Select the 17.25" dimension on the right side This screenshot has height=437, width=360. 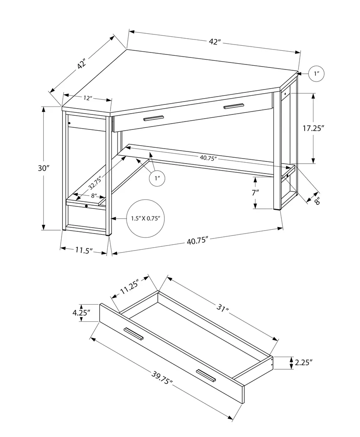click(x=313, y=128)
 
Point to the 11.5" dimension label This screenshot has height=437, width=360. click(x=84, y=250)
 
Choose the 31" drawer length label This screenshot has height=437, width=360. click(x=223, y=309)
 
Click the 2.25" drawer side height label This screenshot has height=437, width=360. click(x=303, y=363)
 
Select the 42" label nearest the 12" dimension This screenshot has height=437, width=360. click(x=81, y=64)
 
